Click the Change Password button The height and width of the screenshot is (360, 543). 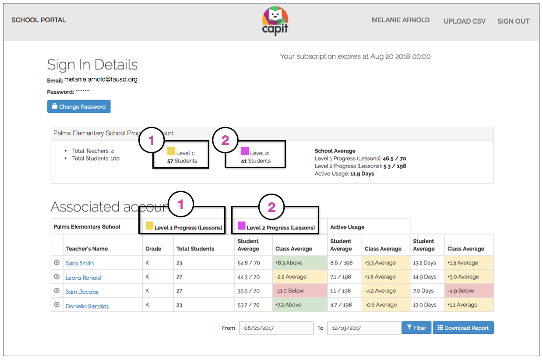(79, 106)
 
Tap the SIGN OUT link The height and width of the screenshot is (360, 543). (513, 21)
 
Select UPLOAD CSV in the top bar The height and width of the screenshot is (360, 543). (464, 21)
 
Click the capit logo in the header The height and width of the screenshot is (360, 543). (275, 21)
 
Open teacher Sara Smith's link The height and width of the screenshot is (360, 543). (80, 263)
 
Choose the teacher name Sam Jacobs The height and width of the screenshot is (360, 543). (82, 292)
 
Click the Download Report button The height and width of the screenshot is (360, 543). (463, 328)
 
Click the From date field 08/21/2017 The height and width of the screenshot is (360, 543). (275, 328)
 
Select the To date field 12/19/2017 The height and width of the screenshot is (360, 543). (364, 328)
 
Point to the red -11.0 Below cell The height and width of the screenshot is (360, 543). (300, 291)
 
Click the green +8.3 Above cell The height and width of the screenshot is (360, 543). (300, 263)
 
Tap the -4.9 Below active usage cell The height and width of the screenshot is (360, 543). (469, 291)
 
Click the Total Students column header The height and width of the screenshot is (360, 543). (195, 249)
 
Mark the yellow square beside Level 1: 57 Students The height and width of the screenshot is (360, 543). (171, 151)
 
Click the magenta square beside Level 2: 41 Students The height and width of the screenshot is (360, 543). (245, 151)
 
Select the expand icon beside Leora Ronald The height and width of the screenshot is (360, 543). (57, 277)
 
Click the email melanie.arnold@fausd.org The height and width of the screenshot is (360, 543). (101, 80)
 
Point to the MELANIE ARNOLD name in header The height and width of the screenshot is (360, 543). (400, 20)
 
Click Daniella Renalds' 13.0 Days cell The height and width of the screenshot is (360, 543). (424, 305)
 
